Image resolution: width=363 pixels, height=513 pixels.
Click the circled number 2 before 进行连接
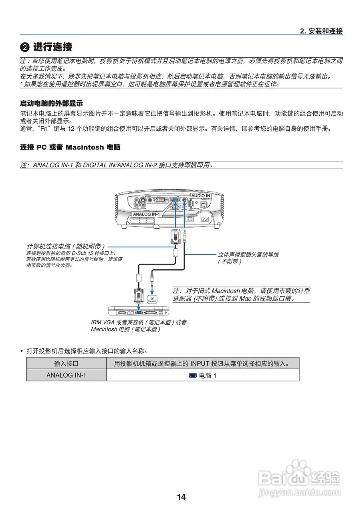(x=25, y=47)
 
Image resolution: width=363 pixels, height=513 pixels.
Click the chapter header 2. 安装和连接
(x=321, y=31)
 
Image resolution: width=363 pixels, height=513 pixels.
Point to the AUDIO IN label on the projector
(x=200, y=196)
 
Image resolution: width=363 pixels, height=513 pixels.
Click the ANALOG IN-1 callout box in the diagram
(x=146, y=214)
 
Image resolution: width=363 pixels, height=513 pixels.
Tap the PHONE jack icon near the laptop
(x=152, y=299)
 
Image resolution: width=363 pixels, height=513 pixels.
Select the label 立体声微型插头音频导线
(x=248, y=254)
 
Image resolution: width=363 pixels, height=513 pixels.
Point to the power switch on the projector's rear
(x=192, y=219)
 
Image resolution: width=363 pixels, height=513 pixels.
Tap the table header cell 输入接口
(x=66, y=364)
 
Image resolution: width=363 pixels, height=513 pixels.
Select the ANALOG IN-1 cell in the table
(x=66, y=375)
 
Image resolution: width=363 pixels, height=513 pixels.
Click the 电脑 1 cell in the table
(x=203, y=376)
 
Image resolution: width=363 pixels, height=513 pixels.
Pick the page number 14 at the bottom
(x=181, y=497)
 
